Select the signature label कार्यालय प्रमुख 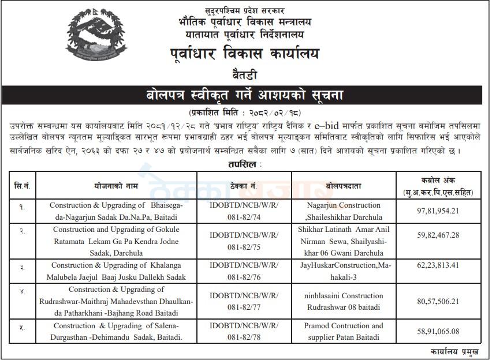coord(454,351)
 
